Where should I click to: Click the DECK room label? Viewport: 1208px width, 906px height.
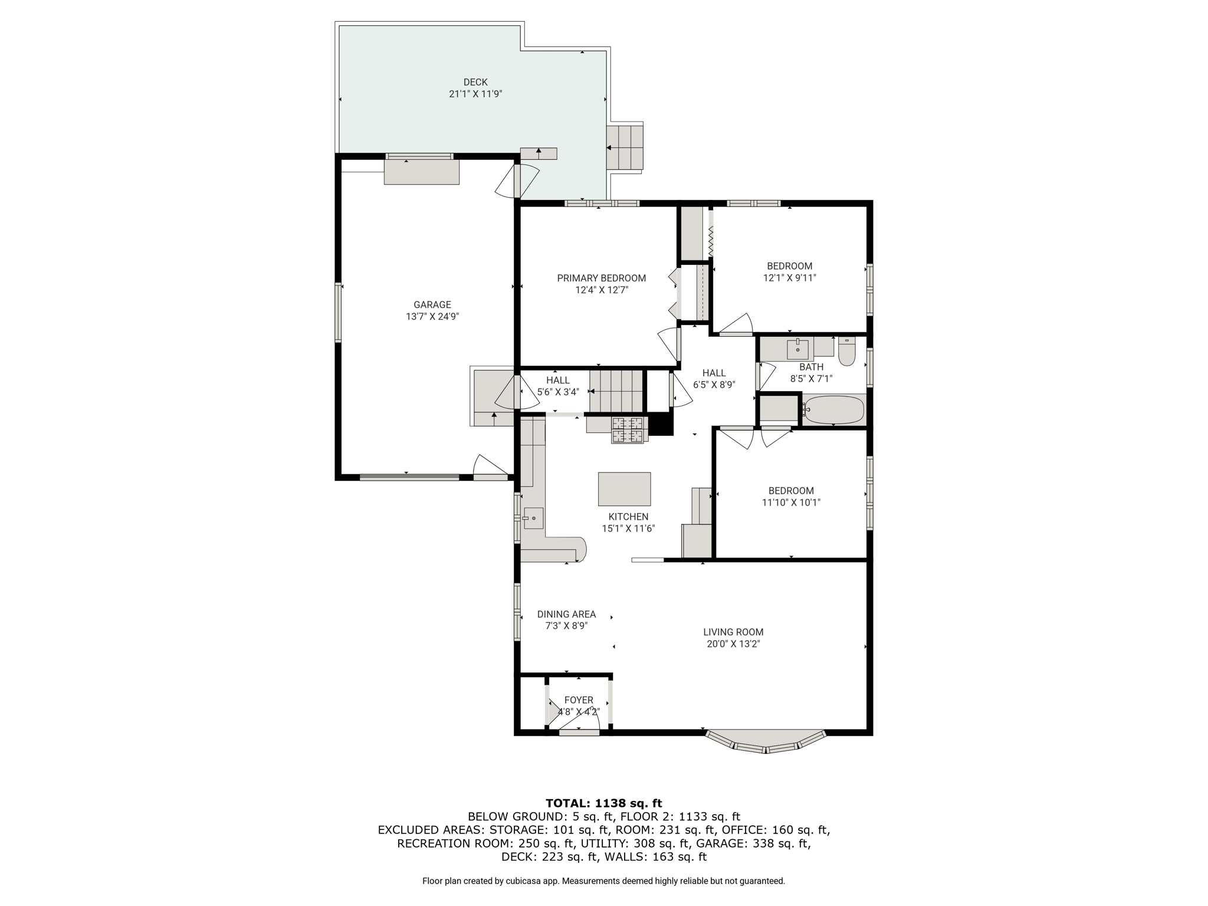pyautogui.click(x=475, y=82)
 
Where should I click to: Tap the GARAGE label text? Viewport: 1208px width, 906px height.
pyautogui.click(x=432, y=304)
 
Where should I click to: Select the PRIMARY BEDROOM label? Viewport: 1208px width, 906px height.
pyautogui.click(x=602, y=278)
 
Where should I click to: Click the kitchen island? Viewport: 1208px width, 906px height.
pyautogui.click(x=625, y=489)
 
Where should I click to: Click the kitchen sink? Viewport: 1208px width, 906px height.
pyautogui.click(x=533, y=518)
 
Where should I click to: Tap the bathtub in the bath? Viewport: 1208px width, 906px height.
pyautogui.click(x=834, y=410)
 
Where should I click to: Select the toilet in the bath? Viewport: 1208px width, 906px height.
pyautogui.click(x=847, y=352)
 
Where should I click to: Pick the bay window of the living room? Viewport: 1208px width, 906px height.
pyautogui.click(x=766, y=742)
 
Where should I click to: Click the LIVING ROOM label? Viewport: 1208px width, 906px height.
pyautogui.click(x=733, y=632)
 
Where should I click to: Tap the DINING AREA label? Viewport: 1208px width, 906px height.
pyautogui.click(x=566, y=614)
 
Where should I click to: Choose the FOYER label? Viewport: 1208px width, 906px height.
pyautogui.click(x=579, y=700)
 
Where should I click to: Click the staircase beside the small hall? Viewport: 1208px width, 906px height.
pyautogui.click(x=616, y=390)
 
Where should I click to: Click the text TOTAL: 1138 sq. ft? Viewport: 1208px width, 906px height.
pyautogui.click(x=604, y=803)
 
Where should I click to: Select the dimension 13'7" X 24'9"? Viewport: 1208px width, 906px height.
pyautogui.click(x=432, y=316)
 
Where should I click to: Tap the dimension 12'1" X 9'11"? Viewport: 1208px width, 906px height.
pyautogui.click(x=790, y=278)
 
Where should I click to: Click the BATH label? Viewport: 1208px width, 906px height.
pyautogui.click(x=812, y=367)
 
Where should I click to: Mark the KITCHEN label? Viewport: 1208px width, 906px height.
pyautogui.click(x=628, y=517)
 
